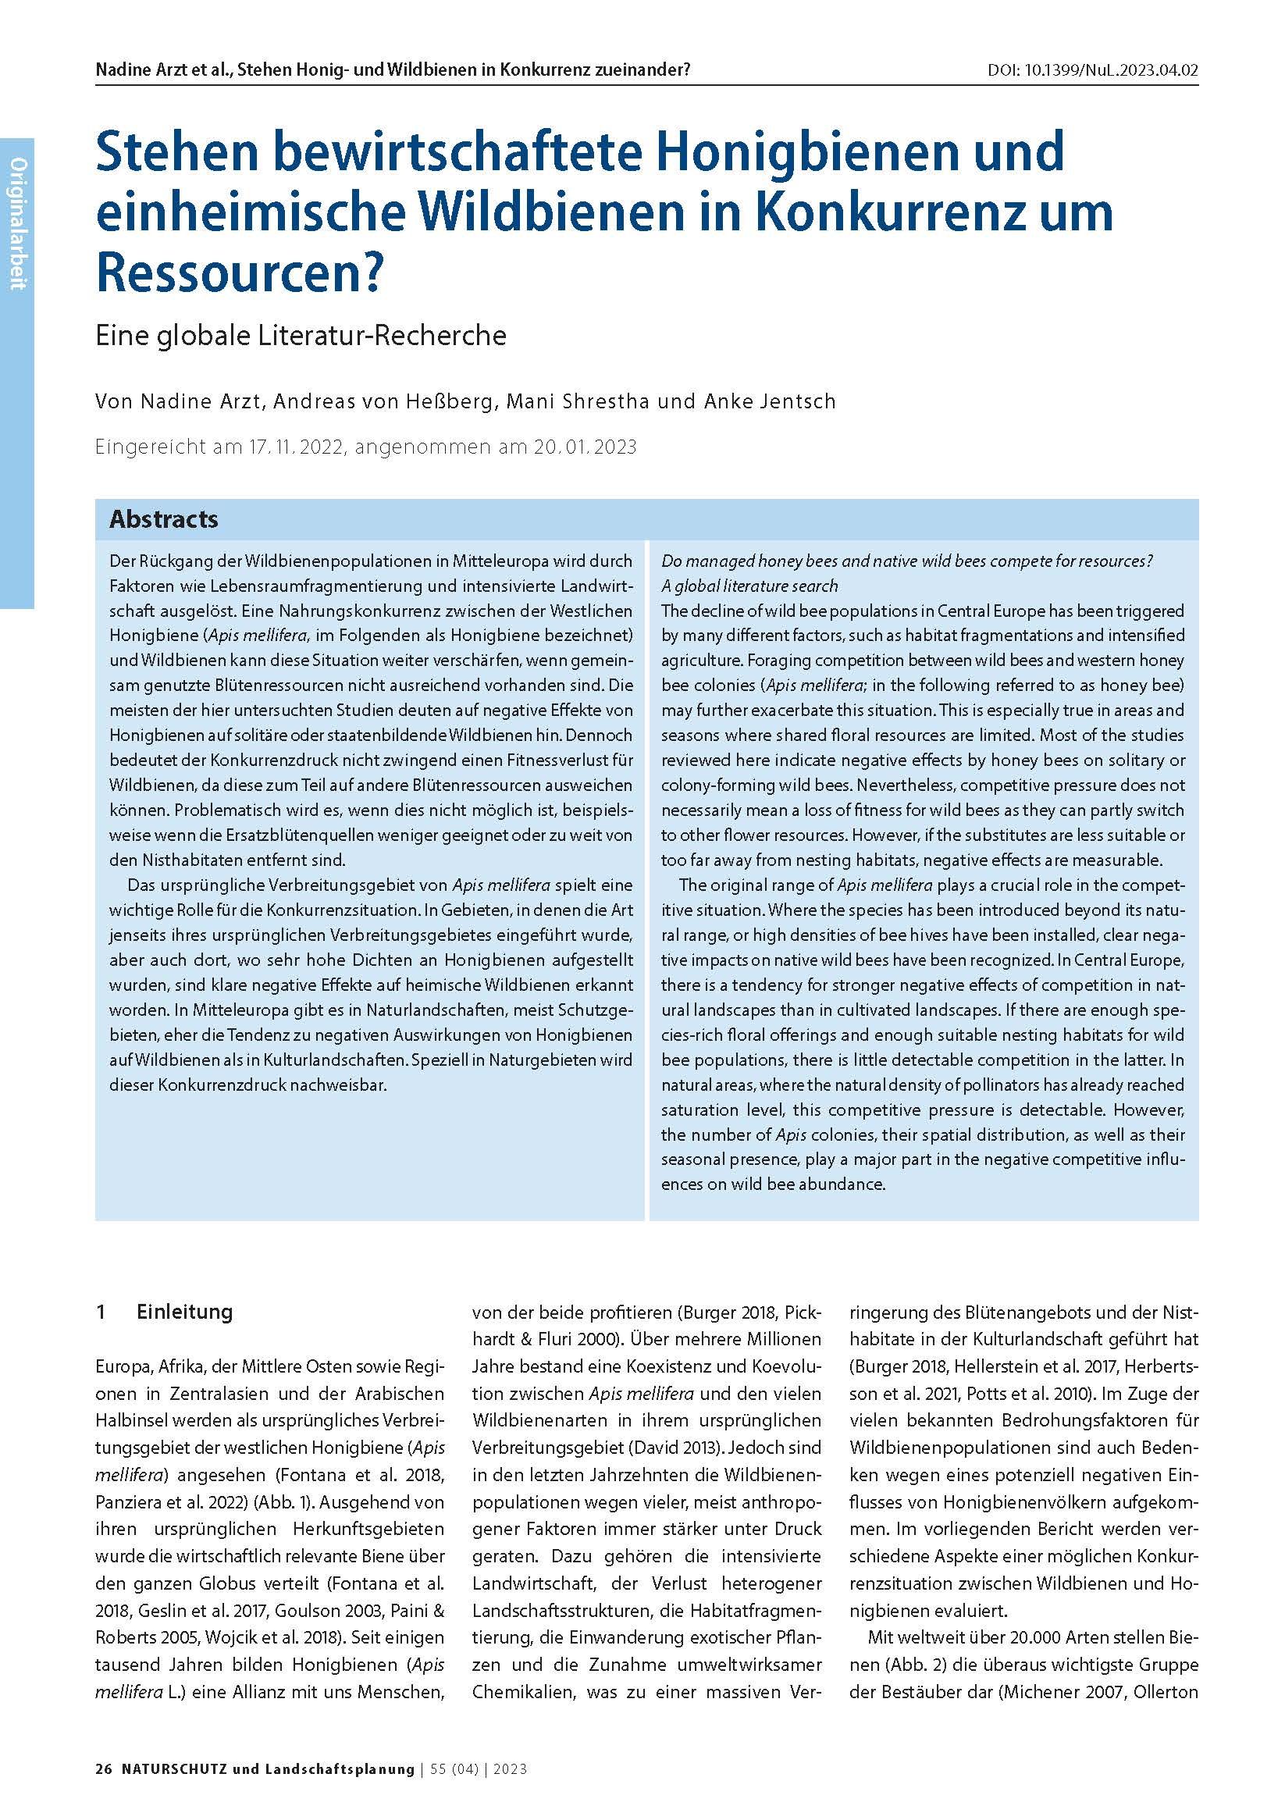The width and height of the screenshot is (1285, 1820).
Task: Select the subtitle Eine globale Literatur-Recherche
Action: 301,335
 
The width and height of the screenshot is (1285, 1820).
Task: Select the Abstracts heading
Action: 163,519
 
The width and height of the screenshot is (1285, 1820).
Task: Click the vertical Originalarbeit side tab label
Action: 17,223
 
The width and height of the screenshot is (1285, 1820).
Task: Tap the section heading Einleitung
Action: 185,1312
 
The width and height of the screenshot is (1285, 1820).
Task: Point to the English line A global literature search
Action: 749,586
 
